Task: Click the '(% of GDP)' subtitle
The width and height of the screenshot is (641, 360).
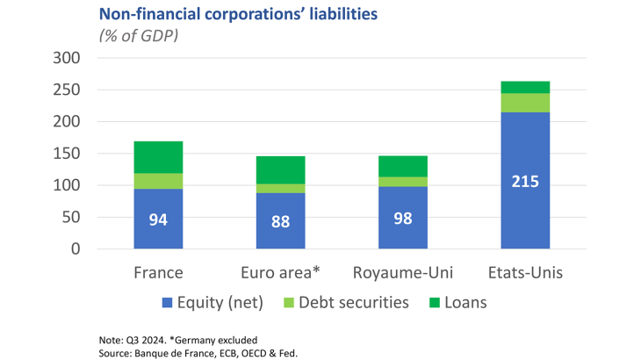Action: [139, 35]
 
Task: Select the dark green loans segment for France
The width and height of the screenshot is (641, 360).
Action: [158, 157]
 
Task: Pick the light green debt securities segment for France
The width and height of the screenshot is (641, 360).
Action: [158, 181]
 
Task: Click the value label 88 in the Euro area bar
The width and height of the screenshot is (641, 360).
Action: [280, 221]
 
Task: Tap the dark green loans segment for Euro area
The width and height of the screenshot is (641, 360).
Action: [280, 170]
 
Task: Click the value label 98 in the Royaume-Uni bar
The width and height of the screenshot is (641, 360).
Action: [402, 218]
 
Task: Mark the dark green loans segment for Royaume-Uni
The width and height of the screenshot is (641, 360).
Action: [402, 166]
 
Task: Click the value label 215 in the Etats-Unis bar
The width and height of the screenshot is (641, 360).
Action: [524, 182]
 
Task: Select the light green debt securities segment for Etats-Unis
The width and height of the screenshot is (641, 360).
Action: [524, 103]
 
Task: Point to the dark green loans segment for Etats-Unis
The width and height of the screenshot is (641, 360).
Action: [524, 87]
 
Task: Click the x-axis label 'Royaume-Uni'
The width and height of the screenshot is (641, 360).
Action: [402, 272]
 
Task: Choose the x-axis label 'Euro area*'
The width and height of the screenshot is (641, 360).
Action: [280, 272]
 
